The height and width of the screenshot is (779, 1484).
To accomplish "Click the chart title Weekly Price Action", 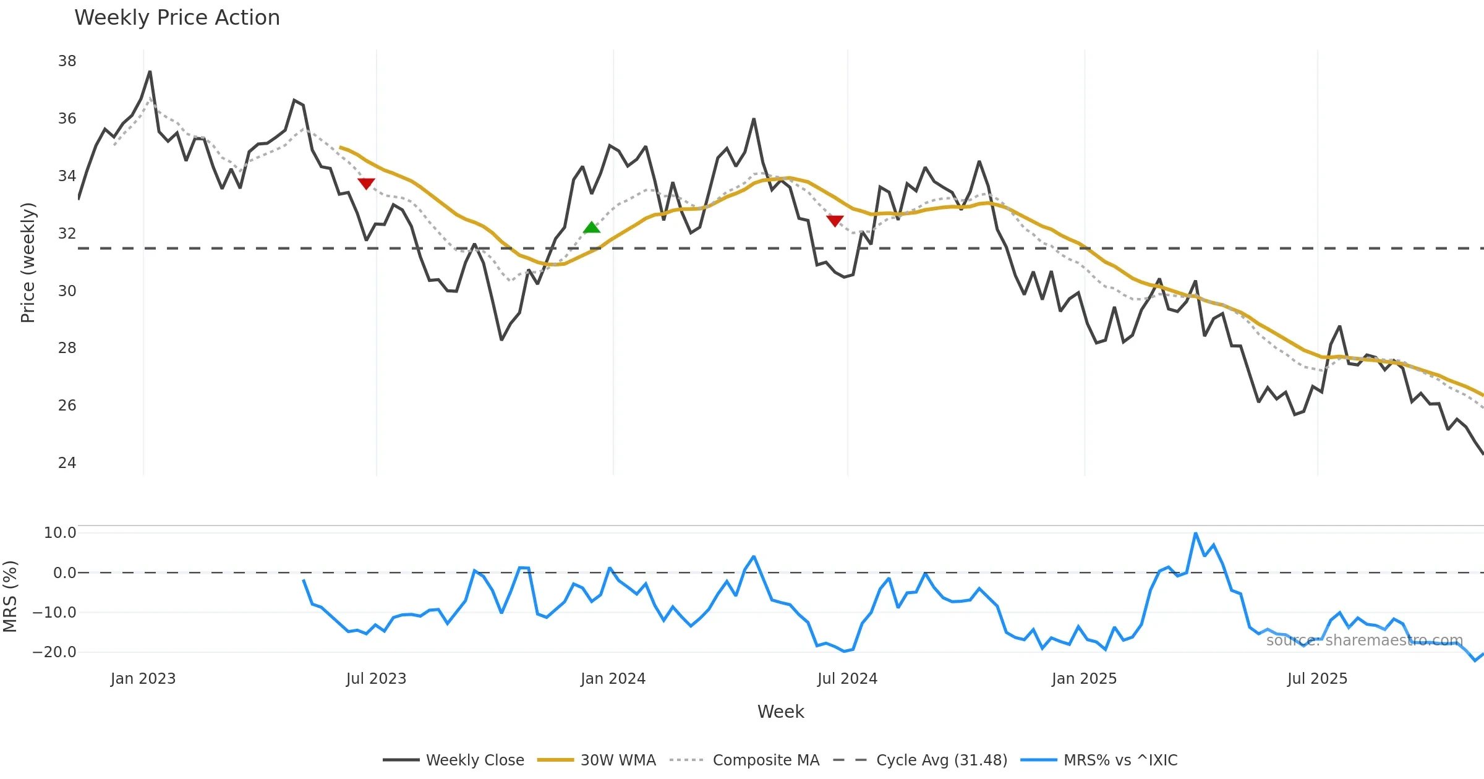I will click(x=177, y=18).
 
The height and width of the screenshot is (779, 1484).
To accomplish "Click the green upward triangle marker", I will click(x=592, y=228).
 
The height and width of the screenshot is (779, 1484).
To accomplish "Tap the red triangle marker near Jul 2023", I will click(x=366, y=184).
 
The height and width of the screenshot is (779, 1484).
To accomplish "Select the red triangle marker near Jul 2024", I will click(x=835, y=221).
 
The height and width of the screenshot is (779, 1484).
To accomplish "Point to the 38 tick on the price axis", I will click(x=67, y=61).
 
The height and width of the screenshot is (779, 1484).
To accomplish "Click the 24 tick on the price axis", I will click(x=67, y=463).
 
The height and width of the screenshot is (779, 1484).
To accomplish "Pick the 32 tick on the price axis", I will click(x=67, y=234).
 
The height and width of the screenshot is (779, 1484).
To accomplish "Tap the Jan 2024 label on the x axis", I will click(x=613, y=679).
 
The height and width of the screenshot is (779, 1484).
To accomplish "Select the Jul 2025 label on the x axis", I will click(x=1317, y=679).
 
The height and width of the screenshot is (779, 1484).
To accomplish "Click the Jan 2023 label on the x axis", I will click(x=143, y=679).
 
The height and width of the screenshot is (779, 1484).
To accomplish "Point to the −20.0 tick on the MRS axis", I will click(x=54, y=652).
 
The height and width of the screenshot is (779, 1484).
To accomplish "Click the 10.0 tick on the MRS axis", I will click(x=60, y=533).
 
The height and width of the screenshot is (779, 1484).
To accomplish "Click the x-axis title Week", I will click(x=780, y=712).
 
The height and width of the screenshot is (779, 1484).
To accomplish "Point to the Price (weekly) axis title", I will click(x=28, y=263).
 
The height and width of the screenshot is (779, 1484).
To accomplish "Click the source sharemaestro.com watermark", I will click(x=1364, y=641).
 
